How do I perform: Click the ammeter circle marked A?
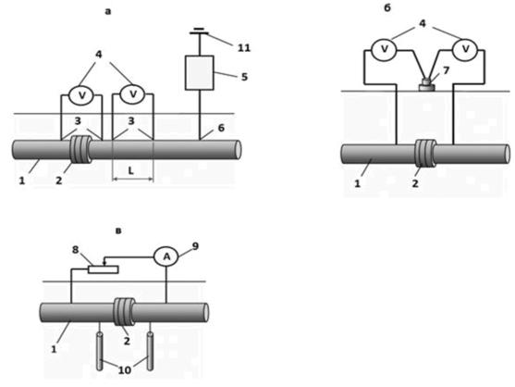tap(166, 256)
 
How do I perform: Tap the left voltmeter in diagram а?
tap(81, 95)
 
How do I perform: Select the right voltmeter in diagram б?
tap(465, 50)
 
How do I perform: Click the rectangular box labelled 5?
tap(200, 72)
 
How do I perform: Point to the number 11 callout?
tap(244, 48)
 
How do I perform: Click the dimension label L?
tap(131, 170)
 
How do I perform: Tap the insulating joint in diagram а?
tap(80, 150)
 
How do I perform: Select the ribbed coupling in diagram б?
tap(425, 154)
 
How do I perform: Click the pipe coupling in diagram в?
tap(124, 312)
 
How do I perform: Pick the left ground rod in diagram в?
tap(100, 352)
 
